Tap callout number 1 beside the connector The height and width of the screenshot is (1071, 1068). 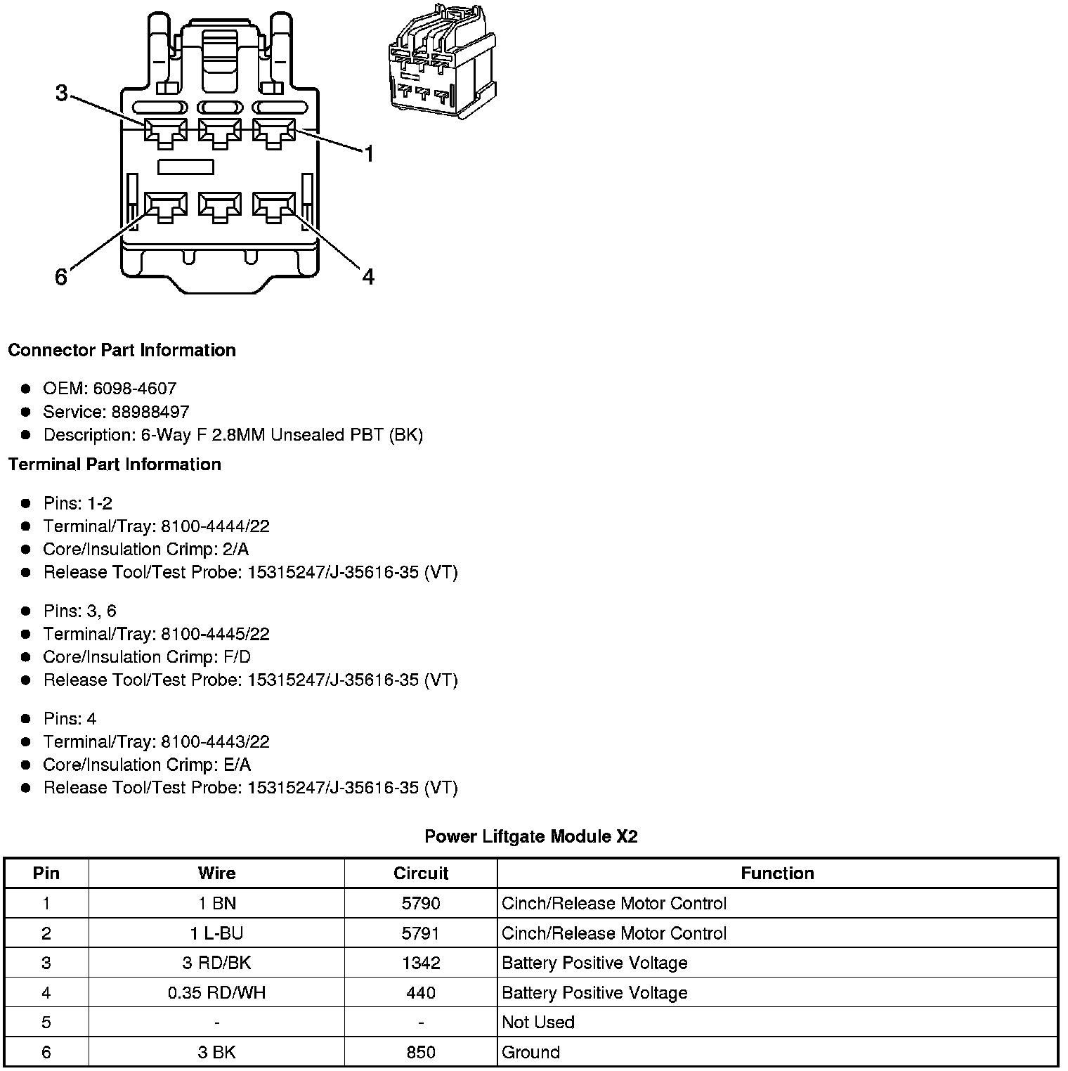point(368,154)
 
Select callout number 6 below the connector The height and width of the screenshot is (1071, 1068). point(61,278)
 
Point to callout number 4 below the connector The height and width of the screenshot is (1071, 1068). point(368,277)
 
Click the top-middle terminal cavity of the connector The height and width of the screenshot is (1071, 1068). point(220,131)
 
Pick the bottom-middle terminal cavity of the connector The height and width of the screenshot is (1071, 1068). point(220,207)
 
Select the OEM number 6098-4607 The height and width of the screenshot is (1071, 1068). point(134,389)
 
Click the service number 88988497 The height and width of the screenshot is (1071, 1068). point(150,412)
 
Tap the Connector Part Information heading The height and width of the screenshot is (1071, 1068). point(122,350)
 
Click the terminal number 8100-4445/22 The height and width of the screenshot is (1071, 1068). point(215,634)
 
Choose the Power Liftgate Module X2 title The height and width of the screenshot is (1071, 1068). point(531,836)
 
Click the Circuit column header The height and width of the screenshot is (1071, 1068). point(421,873)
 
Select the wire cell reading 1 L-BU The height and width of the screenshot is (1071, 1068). point(216,933)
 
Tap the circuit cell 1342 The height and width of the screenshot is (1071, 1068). point(421,963)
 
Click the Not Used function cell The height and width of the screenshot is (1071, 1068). point(538,1022)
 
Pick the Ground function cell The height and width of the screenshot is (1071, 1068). point(530,1052)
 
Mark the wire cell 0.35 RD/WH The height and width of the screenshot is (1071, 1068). point(216,992)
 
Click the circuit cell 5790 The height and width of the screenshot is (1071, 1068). point(421,903)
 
